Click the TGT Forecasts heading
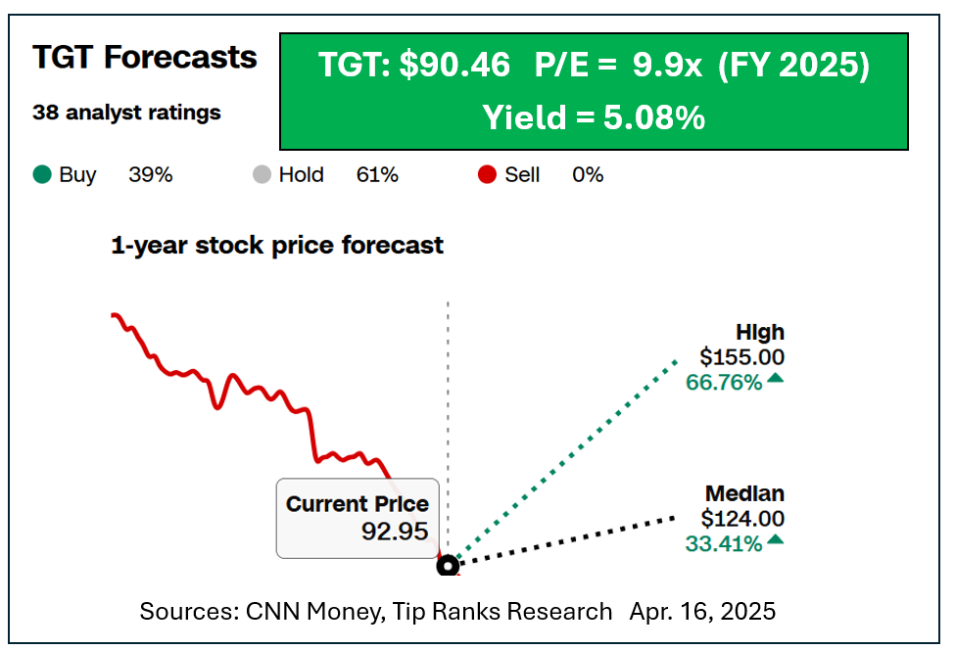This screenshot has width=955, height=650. (145, 58)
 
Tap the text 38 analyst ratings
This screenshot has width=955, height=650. (126, 113)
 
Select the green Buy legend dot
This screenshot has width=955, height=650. (41, 175)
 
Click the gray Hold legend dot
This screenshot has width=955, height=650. (262, 175)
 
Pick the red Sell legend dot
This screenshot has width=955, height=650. (487, 175)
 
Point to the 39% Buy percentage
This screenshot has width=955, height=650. (150, 175)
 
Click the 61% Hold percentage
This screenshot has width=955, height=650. (377, 175)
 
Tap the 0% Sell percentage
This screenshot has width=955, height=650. (588, 175)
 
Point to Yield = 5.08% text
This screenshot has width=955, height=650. (594, 117)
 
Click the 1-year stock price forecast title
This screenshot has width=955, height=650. (277, 245)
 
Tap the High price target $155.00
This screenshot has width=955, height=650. (741, 357)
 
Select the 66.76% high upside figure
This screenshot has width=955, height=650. (724, 382)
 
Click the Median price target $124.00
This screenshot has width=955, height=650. (741, 519)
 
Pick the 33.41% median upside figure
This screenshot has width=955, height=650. (724, 543)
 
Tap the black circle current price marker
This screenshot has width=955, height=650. (448, 565)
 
